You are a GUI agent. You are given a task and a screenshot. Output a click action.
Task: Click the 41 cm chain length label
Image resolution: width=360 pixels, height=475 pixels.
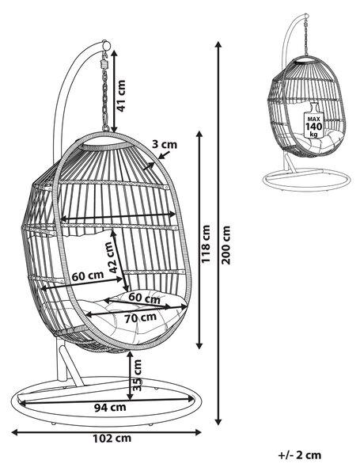tap(121, 96)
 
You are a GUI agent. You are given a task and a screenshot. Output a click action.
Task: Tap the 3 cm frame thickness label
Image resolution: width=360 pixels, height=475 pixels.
tap(164, 144)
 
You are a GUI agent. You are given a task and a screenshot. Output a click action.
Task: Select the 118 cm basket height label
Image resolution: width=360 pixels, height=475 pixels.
tap(206, 244)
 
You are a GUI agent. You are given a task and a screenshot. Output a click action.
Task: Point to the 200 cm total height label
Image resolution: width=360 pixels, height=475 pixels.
tap(225, 245)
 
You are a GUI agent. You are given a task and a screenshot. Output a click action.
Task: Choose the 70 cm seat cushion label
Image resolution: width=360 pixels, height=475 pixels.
tap(141, 317)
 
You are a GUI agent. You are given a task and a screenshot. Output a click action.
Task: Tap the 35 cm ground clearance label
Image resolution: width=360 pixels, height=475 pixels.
tap(137, 375)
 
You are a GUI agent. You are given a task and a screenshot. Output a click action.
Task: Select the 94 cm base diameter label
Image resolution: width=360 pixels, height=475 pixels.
tap(110, 408)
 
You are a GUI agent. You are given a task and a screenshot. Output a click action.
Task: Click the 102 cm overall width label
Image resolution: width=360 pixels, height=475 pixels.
tap(112, 439)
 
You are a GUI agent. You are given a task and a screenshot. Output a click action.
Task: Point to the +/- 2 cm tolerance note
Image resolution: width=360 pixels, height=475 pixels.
tap(299, 455)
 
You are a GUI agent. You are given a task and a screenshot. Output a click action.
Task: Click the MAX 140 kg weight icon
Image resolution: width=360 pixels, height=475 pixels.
tap(313, 120)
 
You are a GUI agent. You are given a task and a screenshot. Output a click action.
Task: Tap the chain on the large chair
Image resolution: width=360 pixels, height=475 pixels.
tap(105, 91)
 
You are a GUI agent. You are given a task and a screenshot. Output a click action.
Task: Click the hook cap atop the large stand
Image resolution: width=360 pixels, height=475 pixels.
tap(106, 45)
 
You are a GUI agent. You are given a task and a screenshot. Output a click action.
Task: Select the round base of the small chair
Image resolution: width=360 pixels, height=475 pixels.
tap(306, 180)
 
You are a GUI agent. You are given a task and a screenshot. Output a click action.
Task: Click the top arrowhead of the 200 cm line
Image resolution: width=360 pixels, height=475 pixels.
tap(218, 44)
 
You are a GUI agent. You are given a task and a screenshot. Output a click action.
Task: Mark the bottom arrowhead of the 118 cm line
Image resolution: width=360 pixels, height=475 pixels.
tap(199, 345)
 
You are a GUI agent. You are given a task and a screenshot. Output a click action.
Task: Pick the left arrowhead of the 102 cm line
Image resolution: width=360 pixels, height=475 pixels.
tap(15, 432)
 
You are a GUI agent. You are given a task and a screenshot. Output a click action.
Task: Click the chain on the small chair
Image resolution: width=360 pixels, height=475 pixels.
tap(306, 36)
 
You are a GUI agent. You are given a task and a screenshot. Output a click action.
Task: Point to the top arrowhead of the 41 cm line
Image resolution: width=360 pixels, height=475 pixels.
tap(114, 54)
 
